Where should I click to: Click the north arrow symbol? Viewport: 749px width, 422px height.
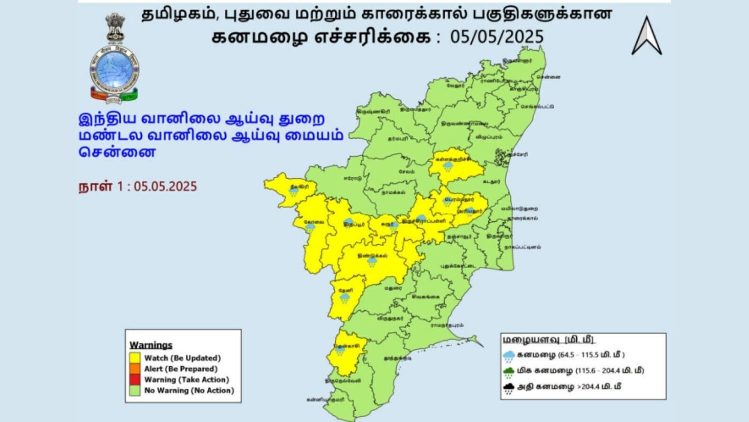(x=646, y=37)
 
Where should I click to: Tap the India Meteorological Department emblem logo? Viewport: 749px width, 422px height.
(x=114, y=59)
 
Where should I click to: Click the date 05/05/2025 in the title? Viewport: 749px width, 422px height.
(x=497, y=37)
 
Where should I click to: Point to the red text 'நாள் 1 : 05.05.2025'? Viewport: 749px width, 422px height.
(x=138, y=187)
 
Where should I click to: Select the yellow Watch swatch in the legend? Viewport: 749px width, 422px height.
(x=135, y=358)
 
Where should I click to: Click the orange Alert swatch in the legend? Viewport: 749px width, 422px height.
(x=135, y=369)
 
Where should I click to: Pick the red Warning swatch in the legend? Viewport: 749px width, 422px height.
(x=135, y=379)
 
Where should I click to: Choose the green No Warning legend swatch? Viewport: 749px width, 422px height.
(x=135, y=390)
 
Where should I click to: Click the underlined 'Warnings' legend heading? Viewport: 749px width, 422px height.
(x=151, y=345)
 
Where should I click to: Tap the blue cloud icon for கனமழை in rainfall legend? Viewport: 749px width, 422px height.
(x=509, y=356)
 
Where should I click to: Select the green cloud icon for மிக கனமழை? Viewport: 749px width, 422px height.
(x=509, y=372)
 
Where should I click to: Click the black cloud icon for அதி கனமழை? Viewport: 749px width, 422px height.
(x=509, y=388)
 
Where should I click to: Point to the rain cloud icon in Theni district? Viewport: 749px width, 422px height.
(x=345, y=298)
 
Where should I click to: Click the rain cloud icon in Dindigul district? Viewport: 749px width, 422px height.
(x=372, y=262)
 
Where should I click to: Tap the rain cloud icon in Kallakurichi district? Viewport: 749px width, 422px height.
(x=448, y=166)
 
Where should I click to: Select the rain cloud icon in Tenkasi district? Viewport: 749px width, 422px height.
(x=340, y=351)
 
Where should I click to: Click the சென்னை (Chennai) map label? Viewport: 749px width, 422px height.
(x=548, y=77)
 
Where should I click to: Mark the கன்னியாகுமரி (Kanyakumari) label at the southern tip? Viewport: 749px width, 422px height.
(x=325, y=400)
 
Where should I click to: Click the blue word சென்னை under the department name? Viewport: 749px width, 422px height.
(x=117, y=152)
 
